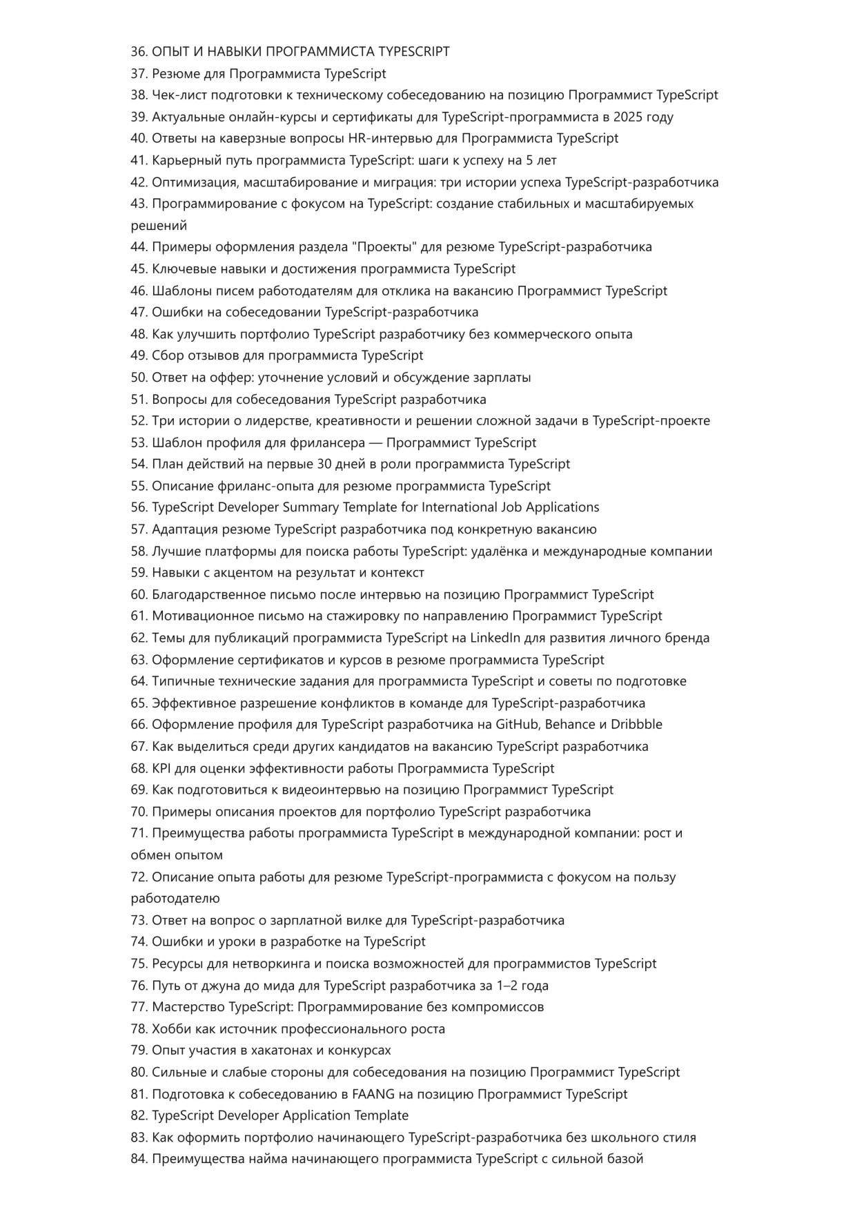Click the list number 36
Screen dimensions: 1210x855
click(139, 52)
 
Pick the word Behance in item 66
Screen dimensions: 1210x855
click(570, 725)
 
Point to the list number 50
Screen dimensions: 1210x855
click(139, 378)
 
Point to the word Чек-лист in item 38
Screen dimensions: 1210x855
click(177, 95)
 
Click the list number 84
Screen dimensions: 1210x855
click(139, 1159)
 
